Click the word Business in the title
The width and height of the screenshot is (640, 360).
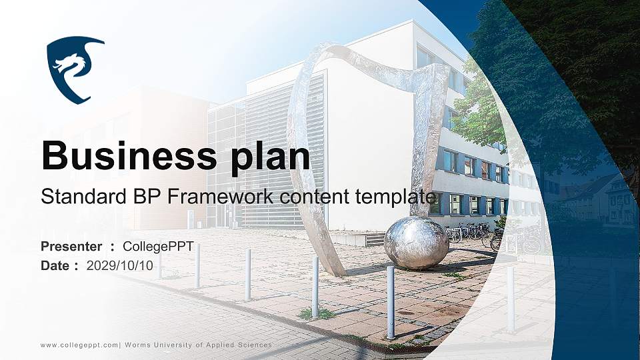[129, 155]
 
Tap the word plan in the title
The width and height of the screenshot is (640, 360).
[271, 157]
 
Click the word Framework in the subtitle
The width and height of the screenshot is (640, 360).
[221, 196]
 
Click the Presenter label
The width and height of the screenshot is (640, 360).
[71, 247]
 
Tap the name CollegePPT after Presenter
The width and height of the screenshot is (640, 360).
[159, 247]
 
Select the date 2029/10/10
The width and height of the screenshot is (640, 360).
[119, 266]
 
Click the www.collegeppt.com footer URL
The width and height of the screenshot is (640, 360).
[79, 345]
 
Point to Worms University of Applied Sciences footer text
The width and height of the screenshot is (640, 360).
[199, 345]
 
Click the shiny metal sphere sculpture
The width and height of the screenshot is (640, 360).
[416, 243]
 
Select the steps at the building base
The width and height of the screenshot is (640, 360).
[375, 240]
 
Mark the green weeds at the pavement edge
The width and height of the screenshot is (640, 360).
[317, 313]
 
